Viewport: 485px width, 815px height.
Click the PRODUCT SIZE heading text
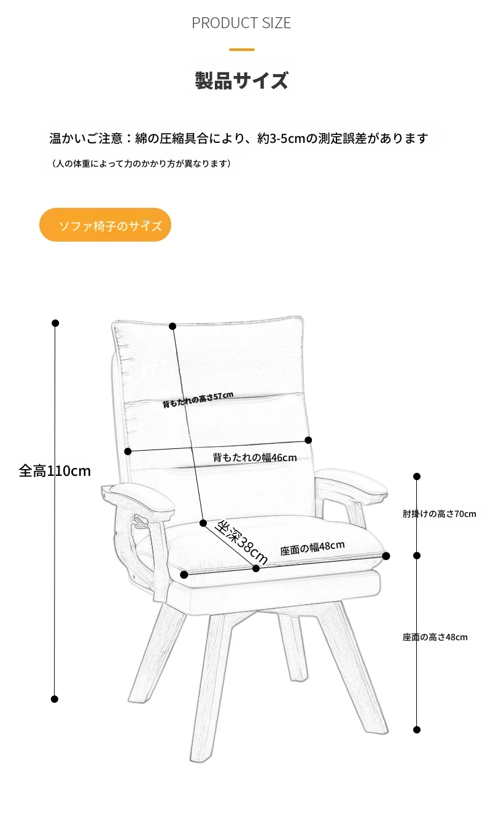point(241,23)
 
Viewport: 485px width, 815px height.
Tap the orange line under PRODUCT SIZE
point(242,50)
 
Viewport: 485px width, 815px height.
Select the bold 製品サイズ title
point(242,80)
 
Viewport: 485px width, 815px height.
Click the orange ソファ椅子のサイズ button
point(105,225)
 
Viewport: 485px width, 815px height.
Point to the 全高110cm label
point(55,471)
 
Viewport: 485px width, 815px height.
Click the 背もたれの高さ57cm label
point(198,399)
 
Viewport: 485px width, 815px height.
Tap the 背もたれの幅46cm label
point(255,457)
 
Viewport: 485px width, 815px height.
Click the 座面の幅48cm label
point(312,548)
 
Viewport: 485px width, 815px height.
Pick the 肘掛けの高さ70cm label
point(439,514)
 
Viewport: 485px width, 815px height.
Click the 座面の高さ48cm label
point(435,637)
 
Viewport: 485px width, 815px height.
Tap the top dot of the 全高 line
point(55,323)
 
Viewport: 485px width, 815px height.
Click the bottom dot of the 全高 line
point(55,699)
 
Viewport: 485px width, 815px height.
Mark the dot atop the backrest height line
point(173,326)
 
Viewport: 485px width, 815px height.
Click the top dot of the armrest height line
point(417,476)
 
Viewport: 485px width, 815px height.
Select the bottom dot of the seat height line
point(417,730)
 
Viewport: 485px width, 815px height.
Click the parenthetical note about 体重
point(141,164)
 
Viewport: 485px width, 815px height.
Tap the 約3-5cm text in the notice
point(281,138)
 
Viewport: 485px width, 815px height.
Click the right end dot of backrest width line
point(308,440)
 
